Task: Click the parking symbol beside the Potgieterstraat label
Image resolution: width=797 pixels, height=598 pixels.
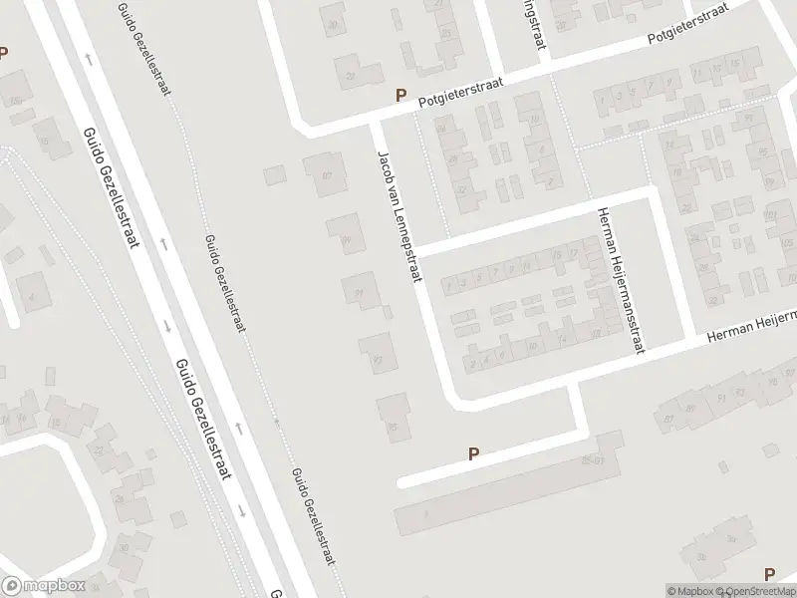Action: point(401,96)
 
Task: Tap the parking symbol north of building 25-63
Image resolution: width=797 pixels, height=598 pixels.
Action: point(474,453)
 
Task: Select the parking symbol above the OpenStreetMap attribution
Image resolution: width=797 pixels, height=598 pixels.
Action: point(768,574)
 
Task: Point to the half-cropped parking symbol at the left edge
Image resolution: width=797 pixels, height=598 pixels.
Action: point(3,51)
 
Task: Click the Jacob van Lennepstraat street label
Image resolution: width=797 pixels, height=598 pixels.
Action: point(397,220)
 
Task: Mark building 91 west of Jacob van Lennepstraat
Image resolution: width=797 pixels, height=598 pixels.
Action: point(360,291)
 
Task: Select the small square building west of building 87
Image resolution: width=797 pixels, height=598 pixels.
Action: point(275,175)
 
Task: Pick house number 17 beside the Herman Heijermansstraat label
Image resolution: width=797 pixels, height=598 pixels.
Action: point(575,254)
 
